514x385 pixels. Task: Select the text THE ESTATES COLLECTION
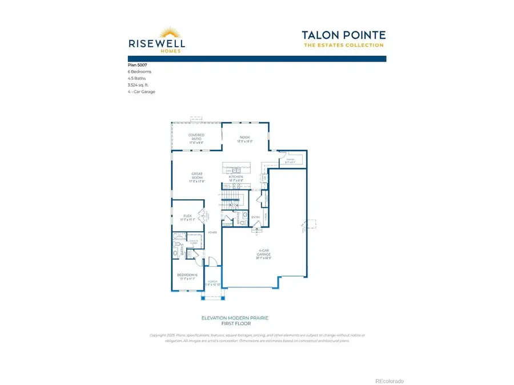[343, 46]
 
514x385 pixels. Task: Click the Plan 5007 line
[136, 66]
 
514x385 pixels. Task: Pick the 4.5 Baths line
[136, 78]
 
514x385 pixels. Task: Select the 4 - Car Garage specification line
[142, 91]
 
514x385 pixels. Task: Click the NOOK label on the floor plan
[245, 137]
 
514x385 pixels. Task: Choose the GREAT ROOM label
[197, 177]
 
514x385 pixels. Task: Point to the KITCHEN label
[236, 177]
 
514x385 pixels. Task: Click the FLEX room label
[188, 216]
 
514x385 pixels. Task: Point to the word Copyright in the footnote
[158, 335]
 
